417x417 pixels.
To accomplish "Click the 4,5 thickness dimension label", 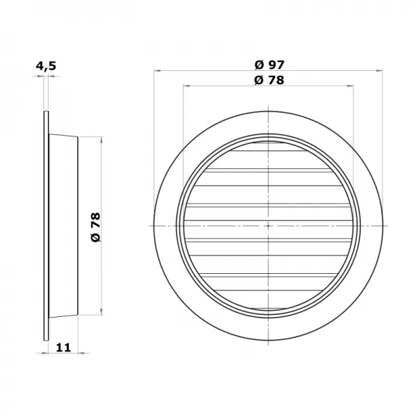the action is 46,66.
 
